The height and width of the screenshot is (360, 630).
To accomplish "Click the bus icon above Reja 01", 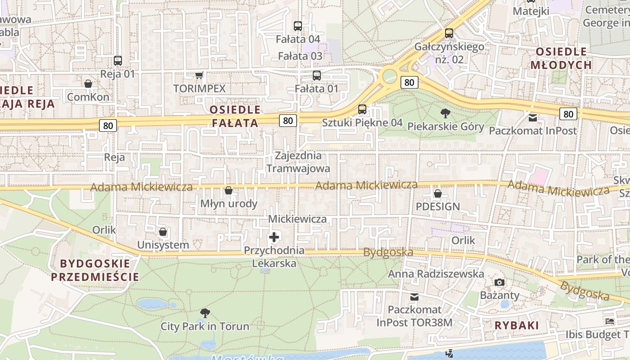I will [118, 60].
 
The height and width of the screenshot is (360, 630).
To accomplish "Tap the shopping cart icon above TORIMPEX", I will [199, 75].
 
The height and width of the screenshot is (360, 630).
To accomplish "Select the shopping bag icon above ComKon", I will [88, 84].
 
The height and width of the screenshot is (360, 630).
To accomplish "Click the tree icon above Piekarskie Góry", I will [445, 113].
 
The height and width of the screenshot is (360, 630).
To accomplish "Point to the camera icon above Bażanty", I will [499, 282].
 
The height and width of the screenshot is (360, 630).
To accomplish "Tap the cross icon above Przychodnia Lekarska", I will [274, 237].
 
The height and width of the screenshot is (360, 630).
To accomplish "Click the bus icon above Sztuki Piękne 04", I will [362, 109].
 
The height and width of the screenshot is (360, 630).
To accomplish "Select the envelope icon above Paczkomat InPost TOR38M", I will [414, 297].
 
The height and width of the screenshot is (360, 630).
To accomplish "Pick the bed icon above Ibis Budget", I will [610, 321].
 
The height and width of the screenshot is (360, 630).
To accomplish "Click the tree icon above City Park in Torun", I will [205, 313].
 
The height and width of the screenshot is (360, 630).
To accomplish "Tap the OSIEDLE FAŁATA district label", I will [235, 116].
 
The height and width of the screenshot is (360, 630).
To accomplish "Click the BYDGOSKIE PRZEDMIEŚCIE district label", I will [95, 270].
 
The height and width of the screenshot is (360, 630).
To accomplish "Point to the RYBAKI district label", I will [517, 325].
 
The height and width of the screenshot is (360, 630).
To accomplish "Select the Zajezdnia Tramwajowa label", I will [298, 162].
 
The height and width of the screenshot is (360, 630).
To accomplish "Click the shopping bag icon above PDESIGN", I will [437, 193].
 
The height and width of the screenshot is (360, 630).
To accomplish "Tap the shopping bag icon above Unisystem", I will [163, 232].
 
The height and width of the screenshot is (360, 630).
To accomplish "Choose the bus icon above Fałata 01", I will [317, 75].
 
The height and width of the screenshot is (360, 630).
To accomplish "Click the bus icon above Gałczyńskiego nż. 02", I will [449, 33].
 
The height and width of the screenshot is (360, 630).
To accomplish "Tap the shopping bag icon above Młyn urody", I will [229, 190].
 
